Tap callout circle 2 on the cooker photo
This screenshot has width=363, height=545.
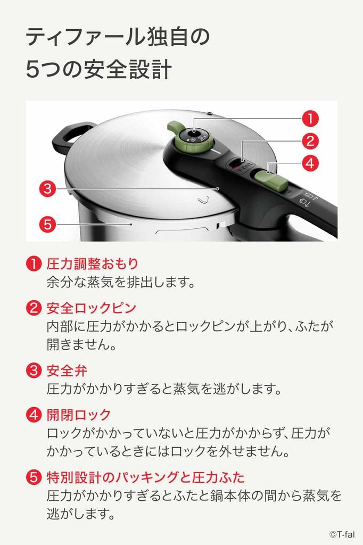pos(311,141)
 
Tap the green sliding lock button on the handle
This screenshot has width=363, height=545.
pos(265,178)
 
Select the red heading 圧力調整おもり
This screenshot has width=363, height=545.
pos(93,263)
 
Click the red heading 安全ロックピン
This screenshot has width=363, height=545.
pos(92,308)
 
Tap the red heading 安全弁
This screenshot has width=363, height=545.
pos(67,370)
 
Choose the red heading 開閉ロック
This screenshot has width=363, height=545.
pos(79,414)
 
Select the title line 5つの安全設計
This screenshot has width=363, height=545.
pos(98,70)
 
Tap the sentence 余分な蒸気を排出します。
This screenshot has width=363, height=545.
pos(121,282)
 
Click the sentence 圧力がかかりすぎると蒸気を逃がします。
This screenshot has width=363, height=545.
pos(164,389)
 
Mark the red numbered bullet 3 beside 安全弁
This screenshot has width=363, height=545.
pos(33,370)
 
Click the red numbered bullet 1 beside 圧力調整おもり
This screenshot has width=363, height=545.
pos(33,264)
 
